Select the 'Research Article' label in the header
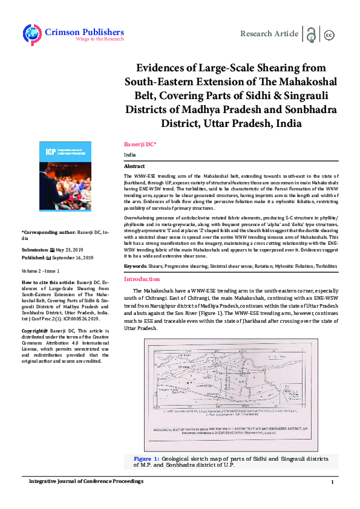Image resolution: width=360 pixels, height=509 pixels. tap(269, 34)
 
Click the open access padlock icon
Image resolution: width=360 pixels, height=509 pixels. tap(311, 34)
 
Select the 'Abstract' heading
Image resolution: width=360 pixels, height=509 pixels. tap(134, 166)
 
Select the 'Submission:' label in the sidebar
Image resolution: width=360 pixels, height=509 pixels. tap(35, 249)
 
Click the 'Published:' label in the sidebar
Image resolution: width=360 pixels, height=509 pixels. tap(34, 257)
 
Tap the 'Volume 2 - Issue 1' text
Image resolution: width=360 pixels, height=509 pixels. tap(44, 271)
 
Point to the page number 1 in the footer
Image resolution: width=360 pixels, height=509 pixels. tap(332, 481)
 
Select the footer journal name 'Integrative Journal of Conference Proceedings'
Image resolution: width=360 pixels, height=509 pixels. tap(87, 481)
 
